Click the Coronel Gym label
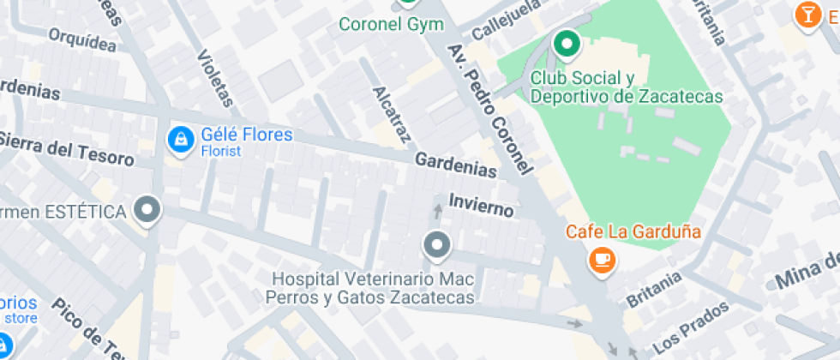pyautogui.click(x=392, y=24)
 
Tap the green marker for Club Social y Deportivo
pyautogui.click(x=566, y=44)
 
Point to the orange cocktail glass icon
pyautogui.click(x=806, y=15)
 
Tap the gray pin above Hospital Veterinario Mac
pyautogui.click(x=437, y=247)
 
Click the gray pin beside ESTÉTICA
pyautogui.click(x=149, y=210)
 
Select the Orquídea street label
pyautogui.click(x=82, y=39)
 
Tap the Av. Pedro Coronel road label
pyautogui.click(x=490, y=108)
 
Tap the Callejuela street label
pyautogui.click(x=507, y=20)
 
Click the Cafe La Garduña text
pyautogui.click(x=633, y=231)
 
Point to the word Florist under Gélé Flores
pyautogui.click(x=221, y=152)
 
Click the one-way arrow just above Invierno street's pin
pyautogui.click(x=438, y=211)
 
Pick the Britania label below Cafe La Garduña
pyautogui.click(x=654, y=289)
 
